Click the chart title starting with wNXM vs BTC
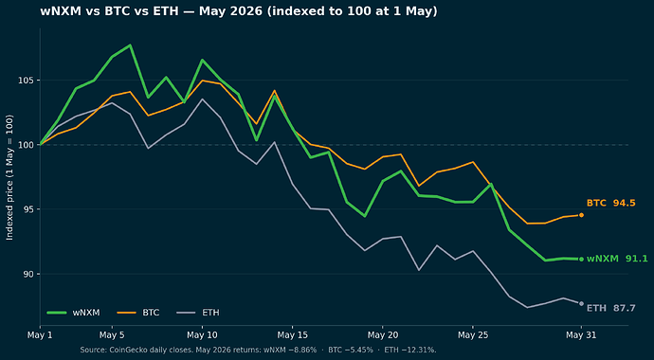239,11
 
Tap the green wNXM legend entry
73,312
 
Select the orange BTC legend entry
138,312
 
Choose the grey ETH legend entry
198,312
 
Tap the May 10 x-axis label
202,335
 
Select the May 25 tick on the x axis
473,335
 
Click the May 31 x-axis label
581,335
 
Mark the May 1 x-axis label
40,335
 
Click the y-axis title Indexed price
9,177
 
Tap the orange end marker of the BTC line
581,215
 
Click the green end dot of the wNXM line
581,260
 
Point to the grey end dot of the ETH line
581,303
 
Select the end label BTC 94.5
611,204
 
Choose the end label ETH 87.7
611,308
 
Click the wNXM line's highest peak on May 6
130,45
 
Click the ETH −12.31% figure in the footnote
410,350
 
